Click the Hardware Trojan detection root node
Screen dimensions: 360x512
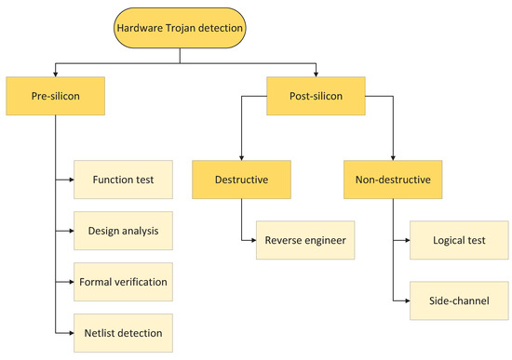(180, 29)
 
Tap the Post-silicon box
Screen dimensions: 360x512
(317, 95)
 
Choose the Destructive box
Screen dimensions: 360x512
(242, 180)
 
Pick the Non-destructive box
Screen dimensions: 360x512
(393, 180)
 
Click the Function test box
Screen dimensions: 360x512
(124, 180)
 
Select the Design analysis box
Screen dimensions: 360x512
(124, 230)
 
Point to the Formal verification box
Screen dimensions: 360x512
(124, 280)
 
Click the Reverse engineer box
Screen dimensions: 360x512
(303, 240)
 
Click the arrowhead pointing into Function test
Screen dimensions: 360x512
(71, 180)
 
